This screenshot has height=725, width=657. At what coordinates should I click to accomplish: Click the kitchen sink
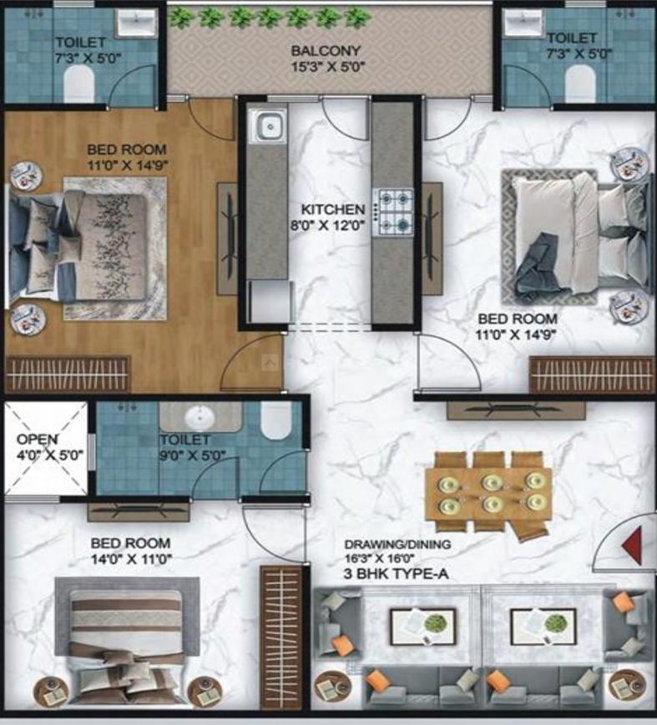(x=270, y=127)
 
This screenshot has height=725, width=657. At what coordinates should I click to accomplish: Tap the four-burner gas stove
(x=393, y=210)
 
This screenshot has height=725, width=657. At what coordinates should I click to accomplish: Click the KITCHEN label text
(x=333, y=210)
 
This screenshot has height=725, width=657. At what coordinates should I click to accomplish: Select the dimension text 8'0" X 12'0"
(x=333, y=225)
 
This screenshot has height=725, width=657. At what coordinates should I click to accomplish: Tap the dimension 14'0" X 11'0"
(x=131, y=558)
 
